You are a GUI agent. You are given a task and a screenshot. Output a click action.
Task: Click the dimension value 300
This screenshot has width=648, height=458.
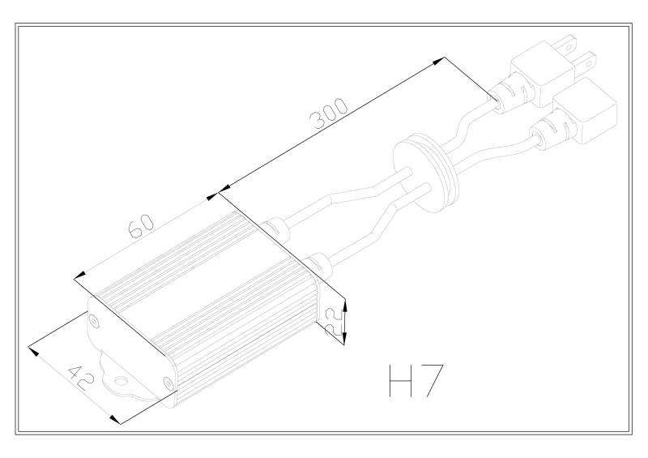click(329, 113)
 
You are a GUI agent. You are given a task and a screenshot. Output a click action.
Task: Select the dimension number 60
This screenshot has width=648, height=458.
click(141, 226)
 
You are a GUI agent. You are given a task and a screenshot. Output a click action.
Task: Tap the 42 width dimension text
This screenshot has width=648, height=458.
click(82, 378)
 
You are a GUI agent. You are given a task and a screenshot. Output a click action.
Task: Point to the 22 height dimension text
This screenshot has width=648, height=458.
click(334, 322)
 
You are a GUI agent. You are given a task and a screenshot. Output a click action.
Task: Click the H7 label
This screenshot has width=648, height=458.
click(416, 381)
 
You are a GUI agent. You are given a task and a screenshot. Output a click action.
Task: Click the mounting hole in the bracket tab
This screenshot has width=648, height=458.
click(122, 381)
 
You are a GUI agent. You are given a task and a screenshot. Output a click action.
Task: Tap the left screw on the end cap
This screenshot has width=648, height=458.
click(94, 322)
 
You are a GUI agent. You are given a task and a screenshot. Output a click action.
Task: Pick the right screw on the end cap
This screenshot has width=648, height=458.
click(168, 383)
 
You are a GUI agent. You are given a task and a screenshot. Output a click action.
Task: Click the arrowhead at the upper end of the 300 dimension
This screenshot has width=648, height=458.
click(439, 61)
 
